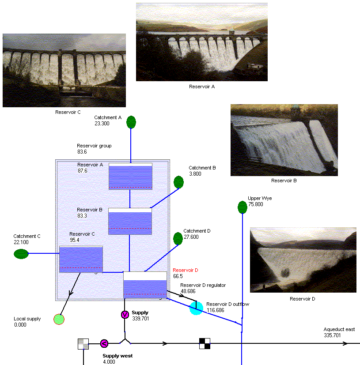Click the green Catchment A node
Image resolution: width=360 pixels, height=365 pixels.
pos(131,122)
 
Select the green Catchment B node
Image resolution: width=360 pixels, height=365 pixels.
pos(178,182)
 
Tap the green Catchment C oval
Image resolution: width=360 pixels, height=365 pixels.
pos(21,254)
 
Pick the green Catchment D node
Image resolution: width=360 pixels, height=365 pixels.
pos(178,239)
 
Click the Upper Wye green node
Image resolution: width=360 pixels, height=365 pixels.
pos(242,207)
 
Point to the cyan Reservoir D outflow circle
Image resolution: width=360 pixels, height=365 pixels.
pos(196,308)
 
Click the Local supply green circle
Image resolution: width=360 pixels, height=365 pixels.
pos(59,319)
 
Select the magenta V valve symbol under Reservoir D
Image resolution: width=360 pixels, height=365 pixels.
pos(125,314)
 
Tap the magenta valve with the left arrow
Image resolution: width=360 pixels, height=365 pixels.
pos(104,343)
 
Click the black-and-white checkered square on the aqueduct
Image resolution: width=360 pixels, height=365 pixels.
pos(205,343)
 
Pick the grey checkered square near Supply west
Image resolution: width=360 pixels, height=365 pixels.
pos(83,344)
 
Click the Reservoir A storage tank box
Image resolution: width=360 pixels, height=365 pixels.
pos(130,176)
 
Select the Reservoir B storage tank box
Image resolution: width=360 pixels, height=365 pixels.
pos(130,221)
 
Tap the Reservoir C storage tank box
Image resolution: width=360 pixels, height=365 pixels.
pos(81,259)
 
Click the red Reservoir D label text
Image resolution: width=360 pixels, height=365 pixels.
pos(186,270)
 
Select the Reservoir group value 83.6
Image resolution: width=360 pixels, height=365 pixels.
pos(82,152)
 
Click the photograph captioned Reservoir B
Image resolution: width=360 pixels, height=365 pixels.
pos(284,140)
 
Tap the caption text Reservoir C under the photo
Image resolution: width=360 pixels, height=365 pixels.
pos(68,112)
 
